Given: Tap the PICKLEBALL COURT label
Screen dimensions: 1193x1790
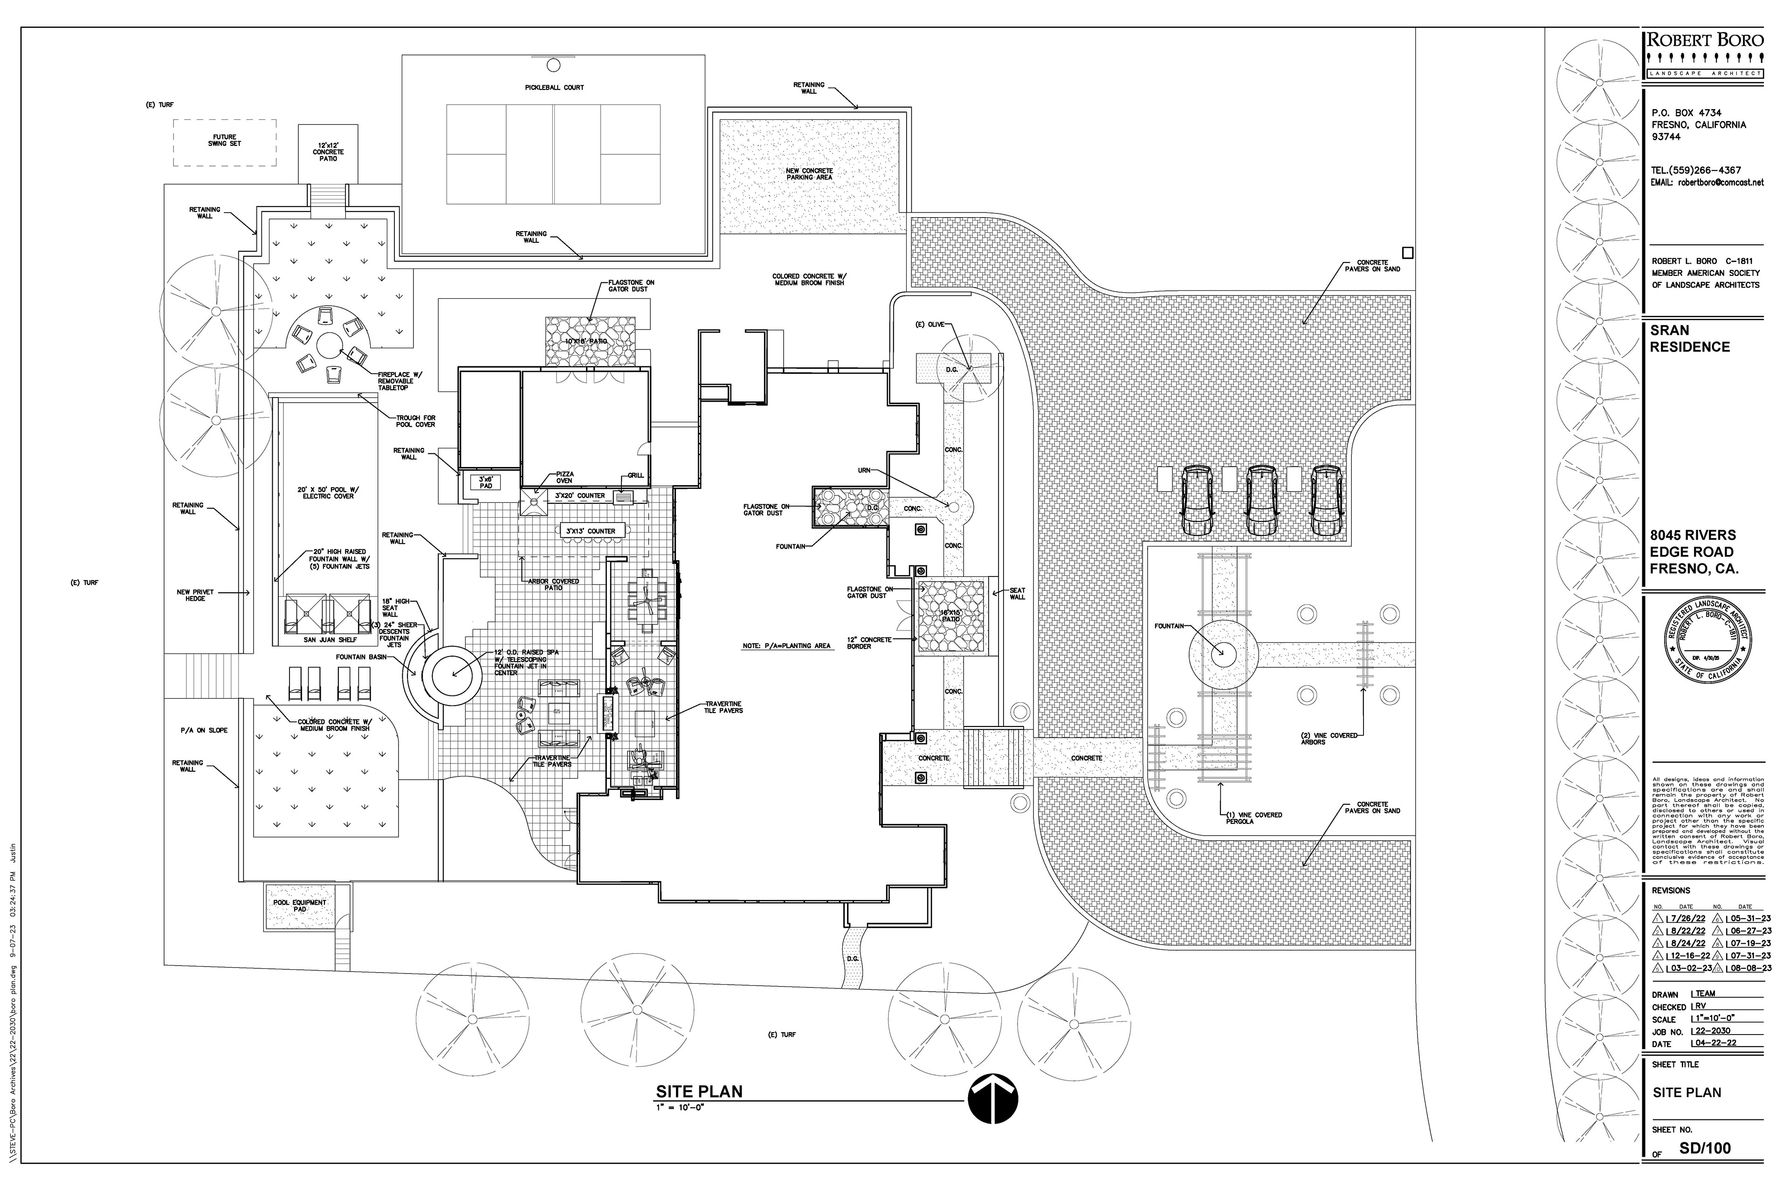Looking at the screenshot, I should tap(554, 88).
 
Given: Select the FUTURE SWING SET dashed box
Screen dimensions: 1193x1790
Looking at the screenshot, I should tap(225, 142).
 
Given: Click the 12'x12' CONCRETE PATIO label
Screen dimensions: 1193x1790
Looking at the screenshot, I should tap(328, 151).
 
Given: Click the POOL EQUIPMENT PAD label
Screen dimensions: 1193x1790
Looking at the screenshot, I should tap(300, 905).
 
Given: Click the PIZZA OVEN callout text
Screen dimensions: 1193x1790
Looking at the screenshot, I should tap(564, 477).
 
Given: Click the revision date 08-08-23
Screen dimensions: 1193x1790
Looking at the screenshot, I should tap(1749, 968).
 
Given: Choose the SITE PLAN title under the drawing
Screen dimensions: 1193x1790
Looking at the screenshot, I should tap(699, 1092).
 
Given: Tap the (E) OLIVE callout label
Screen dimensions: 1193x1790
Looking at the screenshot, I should tap(929, 325).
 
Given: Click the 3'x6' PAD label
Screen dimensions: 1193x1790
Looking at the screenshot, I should tap(486, 482).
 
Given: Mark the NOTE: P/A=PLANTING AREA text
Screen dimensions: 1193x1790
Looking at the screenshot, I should tap(786, 646).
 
